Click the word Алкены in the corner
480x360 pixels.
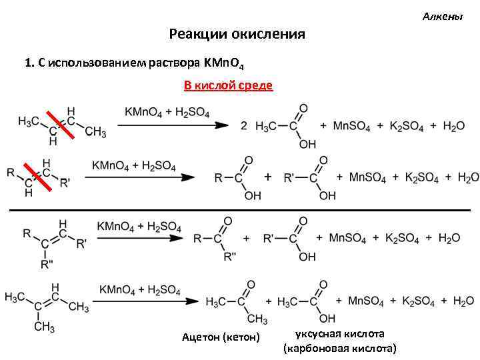coord(443,15)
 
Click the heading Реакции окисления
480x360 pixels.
coord(237,34)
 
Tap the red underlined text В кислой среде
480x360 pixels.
coord(228,85)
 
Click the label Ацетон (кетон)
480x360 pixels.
coord(221,337)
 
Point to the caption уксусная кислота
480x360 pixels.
coord(339,333)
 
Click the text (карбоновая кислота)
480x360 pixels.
coord(339,348)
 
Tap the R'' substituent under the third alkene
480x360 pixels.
coord(46,265)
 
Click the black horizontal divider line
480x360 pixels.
coord(240,210)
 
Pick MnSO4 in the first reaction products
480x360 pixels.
coord(351,127)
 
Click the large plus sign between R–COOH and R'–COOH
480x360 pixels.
coord(268,177)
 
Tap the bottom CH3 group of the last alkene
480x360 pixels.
coord(44,327)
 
